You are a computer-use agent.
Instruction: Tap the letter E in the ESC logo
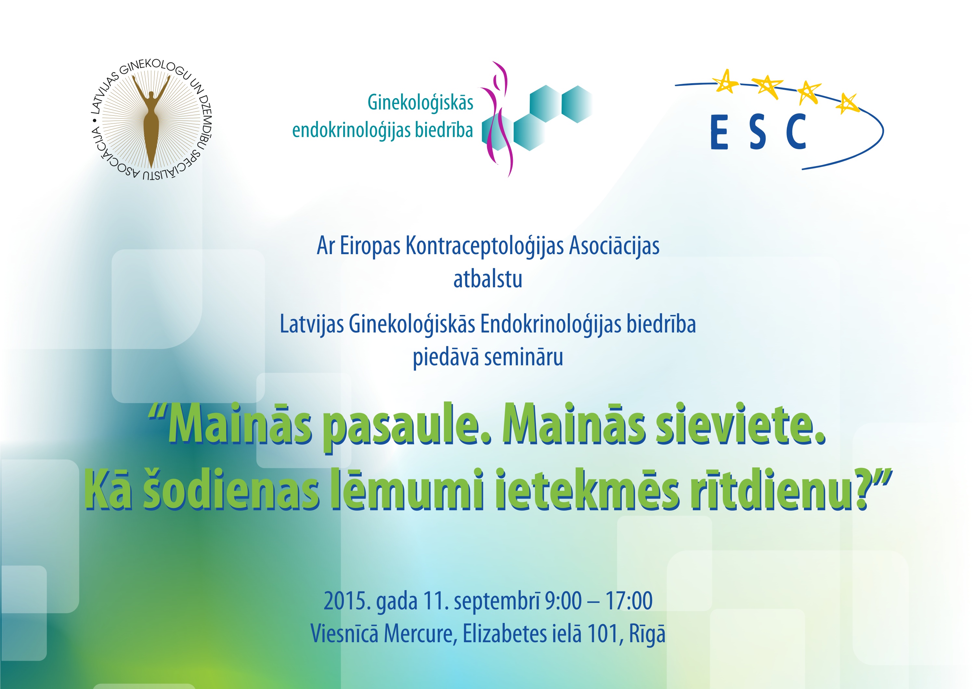pos(719,132)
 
